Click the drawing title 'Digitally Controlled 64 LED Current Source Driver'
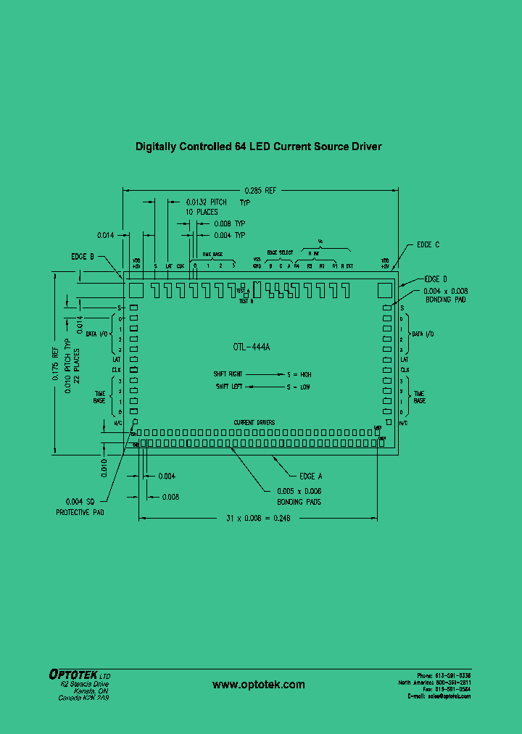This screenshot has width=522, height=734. (258, 147)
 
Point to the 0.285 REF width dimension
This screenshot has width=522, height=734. (260, 191)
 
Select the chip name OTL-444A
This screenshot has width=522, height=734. (252, 347)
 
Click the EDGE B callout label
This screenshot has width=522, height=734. (83, 257)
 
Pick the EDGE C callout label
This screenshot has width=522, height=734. (428, 245)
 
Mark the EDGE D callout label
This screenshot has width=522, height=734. (436, 279)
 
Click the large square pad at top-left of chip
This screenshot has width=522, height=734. (136, 289)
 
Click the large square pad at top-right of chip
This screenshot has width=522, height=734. (384, 289)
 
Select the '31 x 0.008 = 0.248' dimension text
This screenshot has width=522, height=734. (260, 519)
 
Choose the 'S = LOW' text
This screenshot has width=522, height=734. (298, 387)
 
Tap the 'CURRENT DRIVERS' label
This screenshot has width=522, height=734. (254, 422)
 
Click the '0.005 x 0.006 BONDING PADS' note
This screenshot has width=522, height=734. (299, 497)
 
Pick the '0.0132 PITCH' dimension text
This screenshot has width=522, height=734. (207, 202)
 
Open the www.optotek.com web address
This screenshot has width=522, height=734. (259, 685)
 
